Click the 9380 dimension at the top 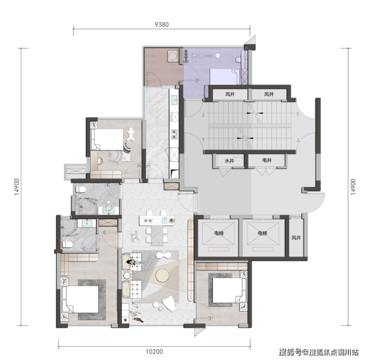coord(162,25)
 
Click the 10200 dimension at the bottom coord(154,352)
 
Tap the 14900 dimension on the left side coord(17,187)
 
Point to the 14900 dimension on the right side coord(353,187)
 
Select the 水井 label coord(229,161)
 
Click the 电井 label coord(267,160)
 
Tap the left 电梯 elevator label coord(219,233)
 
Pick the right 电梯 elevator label coord(262,233)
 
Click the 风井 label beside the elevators coord(296,238)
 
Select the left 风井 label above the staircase coord(230,94)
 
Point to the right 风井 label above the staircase coord(269,94)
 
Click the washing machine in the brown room coord(173,56)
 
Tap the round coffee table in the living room coord(162,275)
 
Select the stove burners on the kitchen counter coord(174,134)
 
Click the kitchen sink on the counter coord(175,100)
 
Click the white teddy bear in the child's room coord(131,134)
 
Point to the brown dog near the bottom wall coord(138,319)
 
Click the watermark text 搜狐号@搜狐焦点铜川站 coord(318,352)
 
